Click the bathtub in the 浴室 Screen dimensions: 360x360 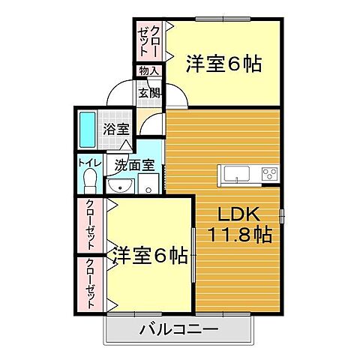(x=87, y=130)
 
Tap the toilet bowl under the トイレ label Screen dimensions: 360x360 (x=89, y=181)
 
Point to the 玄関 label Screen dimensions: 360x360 (x=148, y=94)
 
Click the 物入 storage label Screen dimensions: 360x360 (x=148, y=71)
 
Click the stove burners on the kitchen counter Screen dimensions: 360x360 (x=268, y=174)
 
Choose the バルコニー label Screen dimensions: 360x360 (x=178, y=329)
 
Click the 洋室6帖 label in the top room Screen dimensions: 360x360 (x=223, y=64)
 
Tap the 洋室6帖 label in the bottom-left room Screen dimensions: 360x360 (x=150, y=256)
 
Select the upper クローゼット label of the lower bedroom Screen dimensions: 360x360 (x=90, y=225)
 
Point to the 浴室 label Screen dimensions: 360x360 (x=115, y=128)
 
